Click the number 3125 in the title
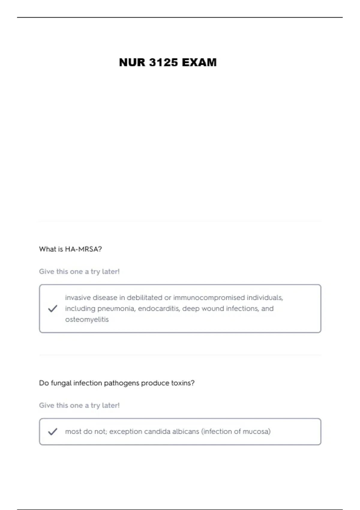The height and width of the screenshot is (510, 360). [163, 62]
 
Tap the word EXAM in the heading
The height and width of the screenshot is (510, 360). [199, 62]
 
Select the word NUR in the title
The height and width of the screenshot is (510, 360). [132, 62]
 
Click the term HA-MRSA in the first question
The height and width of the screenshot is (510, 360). [83, 249]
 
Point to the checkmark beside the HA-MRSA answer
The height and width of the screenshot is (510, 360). [52, 308]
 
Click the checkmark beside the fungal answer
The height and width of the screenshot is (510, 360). [52, 431]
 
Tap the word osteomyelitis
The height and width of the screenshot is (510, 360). [87, 319]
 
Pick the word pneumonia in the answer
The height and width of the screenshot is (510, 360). [116, 309]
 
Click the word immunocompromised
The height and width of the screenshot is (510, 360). [209, 298]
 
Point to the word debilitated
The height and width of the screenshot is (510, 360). [144, 298]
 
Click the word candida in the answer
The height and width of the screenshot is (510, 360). [157, 431]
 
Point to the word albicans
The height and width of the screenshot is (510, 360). [185, 431]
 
